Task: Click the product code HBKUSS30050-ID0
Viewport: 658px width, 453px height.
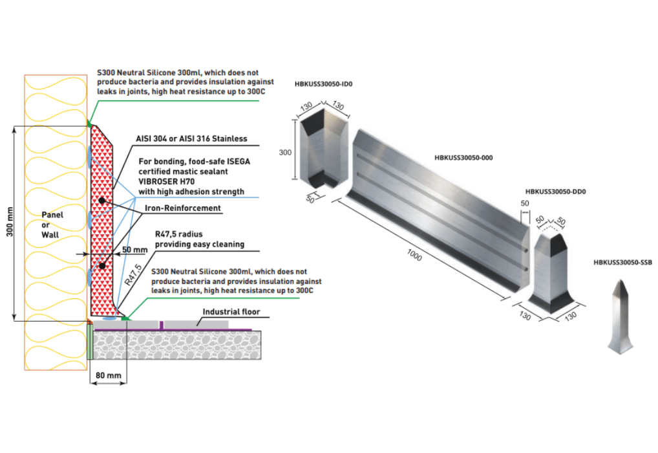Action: [x=324, y=83]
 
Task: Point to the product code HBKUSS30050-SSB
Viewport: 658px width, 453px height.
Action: [x=622, y=263]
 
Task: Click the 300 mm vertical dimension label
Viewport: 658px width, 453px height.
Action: [x=10, y=223]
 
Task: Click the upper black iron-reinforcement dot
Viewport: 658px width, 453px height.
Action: [x=102, y=201]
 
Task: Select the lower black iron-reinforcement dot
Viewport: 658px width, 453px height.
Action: [x=102, y=266]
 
